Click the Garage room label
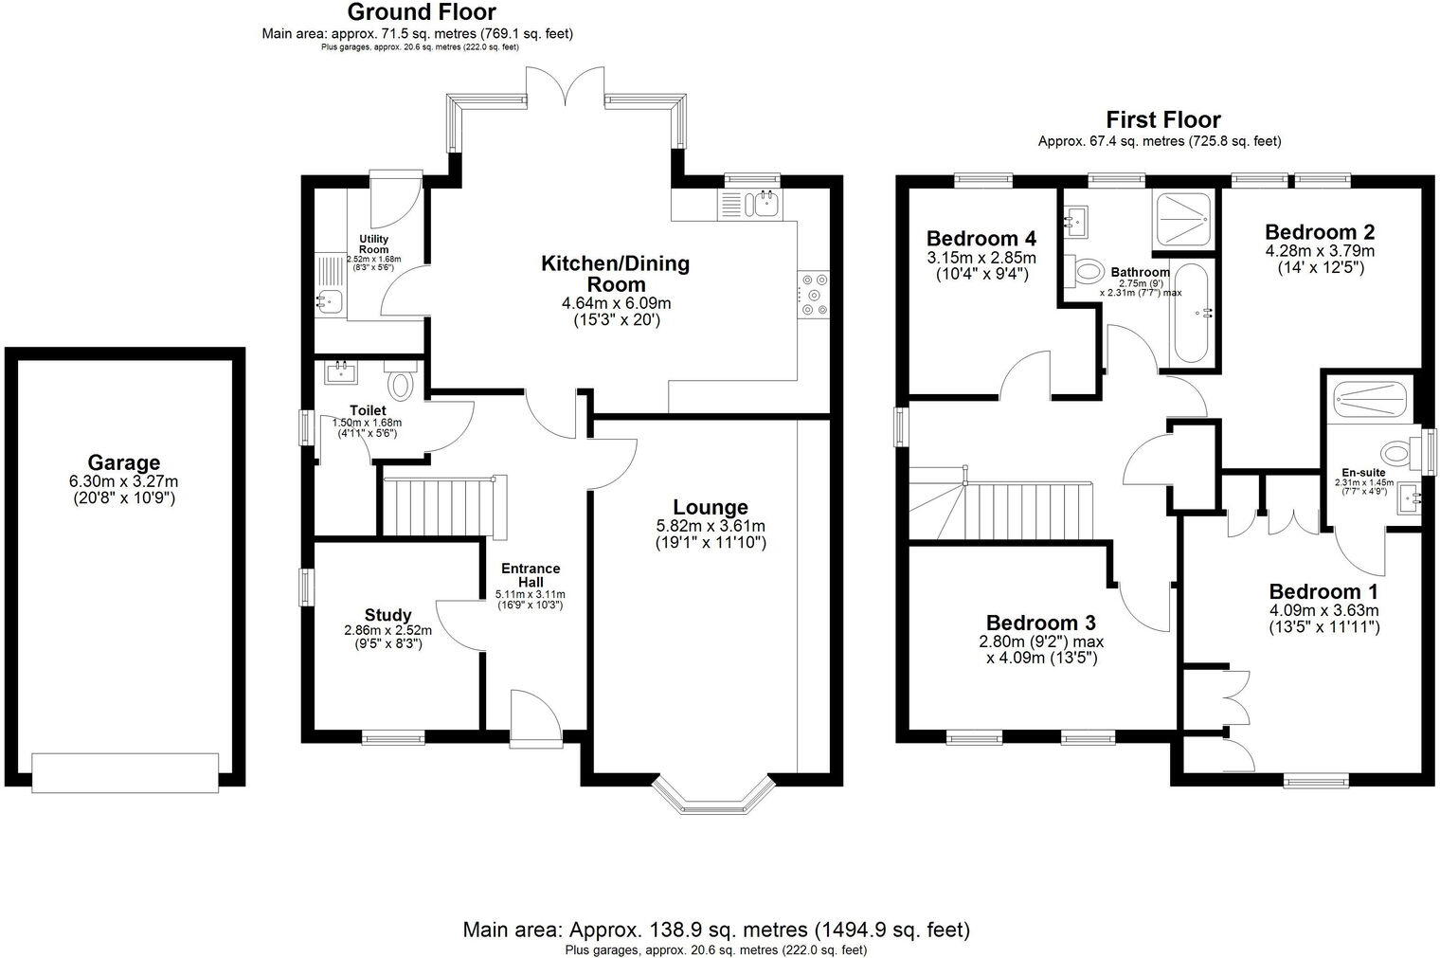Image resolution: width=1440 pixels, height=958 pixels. point(123,463)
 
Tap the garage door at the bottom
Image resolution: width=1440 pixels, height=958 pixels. point(125,771)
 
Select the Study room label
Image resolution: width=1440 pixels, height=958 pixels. point(387,615)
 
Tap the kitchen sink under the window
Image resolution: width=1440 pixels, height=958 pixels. point(764,203)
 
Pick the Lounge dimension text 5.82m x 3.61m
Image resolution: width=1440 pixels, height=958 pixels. point(711,526)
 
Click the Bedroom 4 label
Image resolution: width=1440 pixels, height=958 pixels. point(981,239)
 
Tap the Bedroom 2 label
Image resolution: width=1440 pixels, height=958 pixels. point(1319,232)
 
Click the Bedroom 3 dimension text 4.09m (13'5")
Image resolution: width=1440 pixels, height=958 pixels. point(1041,657)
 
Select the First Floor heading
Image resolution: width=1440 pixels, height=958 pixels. point(1162,120)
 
